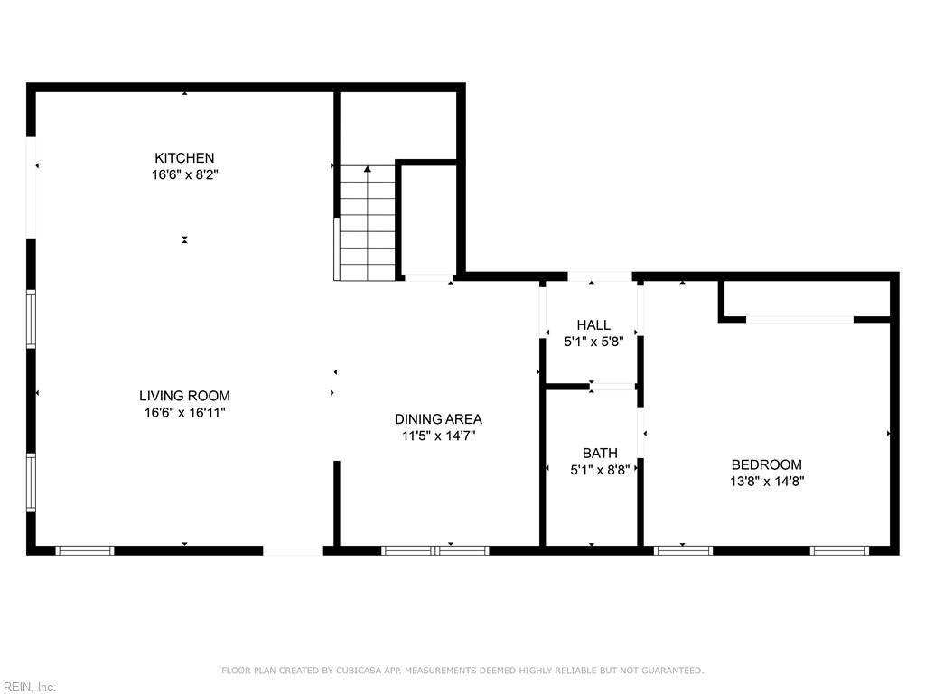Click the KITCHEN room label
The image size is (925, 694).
click(184, 158)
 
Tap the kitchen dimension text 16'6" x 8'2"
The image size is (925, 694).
click(184, 174)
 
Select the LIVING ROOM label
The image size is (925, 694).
click(184, 396)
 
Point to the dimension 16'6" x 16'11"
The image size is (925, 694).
click(184, 412)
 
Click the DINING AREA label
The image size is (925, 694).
click(438, 419)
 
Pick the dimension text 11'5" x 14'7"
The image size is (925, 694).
click(438, 436)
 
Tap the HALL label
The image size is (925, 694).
click(593, 325)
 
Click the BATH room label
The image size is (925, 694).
click(600, 453)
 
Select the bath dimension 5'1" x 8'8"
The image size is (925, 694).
click(600, 470)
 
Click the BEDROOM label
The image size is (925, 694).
click(766, 464)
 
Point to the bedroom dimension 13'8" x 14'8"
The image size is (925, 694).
click(766, 482)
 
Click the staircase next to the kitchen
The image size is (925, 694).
click(368, 223)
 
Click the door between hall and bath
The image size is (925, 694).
click(613, 387)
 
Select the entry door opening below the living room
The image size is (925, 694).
click(293, 549)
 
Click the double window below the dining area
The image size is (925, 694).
click(435, 549)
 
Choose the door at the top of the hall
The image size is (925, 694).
click(600, 277)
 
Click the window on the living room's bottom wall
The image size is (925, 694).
click(85, 549)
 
